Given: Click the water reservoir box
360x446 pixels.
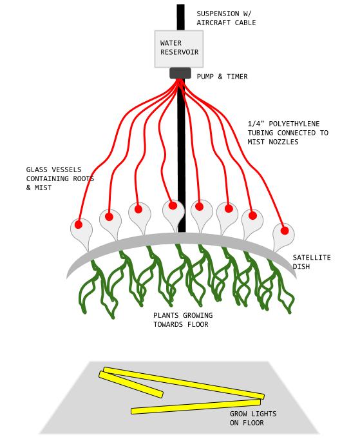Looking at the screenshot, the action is pos(179,49).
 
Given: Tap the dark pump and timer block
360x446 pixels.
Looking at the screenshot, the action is pos(180,73).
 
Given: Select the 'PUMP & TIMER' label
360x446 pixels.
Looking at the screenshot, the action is pos(222,77).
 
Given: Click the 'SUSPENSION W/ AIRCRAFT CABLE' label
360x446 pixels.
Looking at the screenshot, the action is pos(226,18).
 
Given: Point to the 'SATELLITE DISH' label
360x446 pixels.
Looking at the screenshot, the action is pos(312,262).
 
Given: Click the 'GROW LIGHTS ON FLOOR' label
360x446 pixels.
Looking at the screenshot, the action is pos(253,418).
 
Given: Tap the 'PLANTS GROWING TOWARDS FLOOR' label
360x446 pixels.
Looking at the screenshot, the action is pos(183,320).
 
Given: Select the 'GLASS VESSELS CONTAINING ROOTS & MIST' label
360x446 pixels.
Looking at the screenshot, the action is pos(60,179).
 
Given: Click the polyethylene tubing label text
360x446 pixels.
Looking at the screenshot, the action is pos(288,133).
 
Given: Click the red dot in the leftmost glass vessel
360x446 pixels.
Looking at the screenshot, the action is pos(79,225).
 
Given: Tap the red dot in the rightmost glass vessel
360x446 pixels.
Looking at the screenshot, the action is pos(285,231).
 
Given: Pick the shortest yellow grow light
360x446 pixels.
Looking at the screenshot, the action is pos(131,384).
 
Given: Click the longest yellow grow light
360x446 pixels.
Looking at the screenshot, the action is pos(184,383).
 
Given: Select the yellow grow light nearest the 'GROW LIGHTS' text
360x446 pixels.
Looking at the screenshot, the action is pos(196,407).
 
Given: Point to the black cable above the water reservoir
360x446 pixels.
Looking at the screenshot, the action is pos(180,17).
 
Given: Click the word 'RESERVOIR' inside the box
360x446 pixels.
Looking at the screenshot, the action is pos(179,52).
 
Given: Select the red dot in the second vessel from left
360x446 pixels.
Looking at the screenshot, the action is pos(109,217).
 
